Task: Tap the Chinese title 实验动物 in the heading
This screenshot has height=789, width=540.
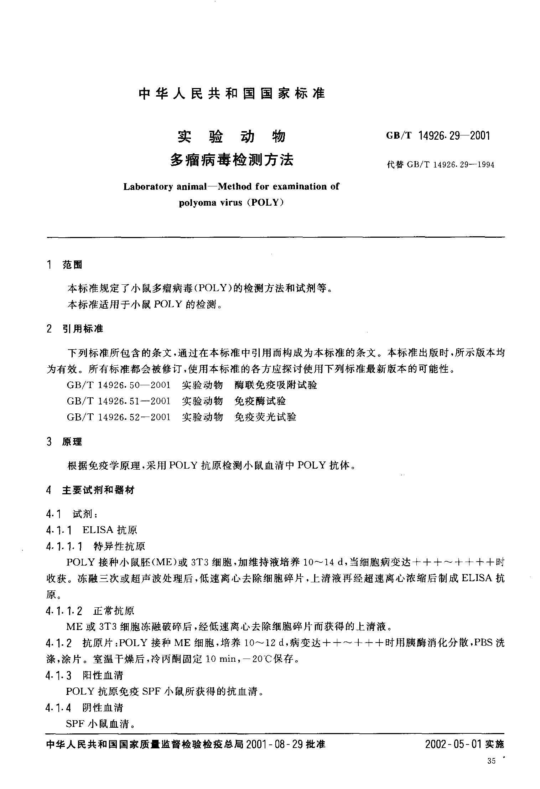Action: (x=232, y=136)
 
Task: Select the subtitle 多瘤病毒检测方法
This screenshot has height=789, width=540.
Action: (x=232, y=160)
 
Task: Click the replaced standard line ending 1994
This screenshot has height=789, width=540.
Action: (x=441, y=165)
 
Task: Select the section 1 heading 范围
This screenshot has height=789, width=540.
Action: (x=72, y=264)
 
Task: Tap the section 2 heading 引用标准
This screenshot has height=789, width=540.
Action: (x=83, y=329)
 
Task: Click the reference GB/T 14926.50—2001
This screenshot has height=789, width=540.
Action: (x=119, y=385)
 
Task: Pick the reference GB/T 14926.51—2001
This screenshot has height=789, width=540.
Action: (x=119, y=401)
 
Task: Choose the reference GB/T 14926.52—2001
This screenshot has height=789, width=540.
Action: (x=119, y=417)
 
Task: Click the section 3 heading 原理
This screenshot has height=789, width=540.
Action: (x=72, y=442)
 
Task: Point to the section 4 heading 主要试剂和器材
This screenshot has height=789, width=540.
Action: (x=98, y=490)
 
